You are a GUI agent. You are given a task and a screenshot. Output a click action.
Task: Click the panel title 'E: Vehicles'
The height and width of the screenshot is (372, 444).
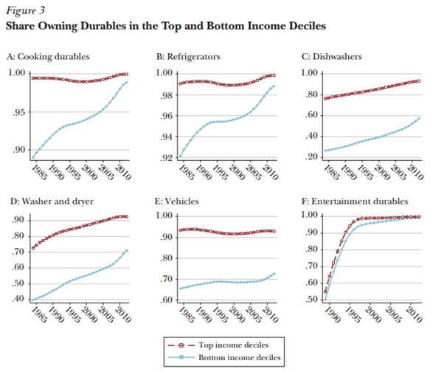pos(176,199)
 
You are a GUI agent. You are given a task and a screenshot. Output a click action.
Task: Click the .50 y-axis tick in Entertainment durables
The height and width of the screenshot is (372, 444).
pos(311,300)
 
